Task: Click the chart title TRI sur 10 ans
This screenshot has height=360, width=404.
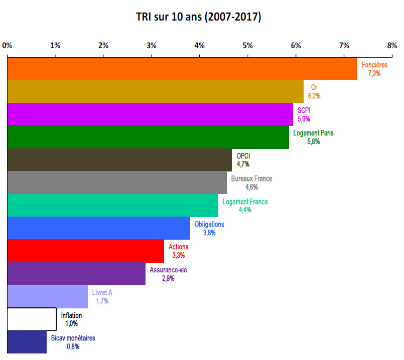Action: tap(198, 17)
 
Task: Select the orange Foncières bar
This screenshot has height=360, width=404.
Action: tap(182, 69)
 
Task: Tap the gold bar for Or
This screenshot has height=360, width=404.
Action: tap(155, 92)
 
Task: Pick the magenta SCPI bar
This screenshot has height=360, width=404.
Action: tap(150, 114)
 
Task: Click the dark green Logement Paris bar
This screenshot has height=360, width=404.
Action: tap(148, 137)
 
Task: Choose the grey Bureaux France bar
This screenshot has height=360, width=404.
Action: tap(116, 183)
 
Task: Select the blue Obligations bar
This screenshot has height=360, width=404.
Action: tap(98, 228)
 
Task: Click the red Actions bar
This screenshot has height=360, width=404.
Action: tap(85, 251)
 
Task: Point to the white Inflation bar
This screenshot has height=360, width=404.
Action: tap(32, 319)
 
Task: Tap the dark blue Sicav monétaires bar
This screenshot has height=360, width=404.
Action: tap(27, 342)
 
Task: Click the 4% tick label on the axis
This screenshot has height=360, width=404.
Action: tap(199, 46)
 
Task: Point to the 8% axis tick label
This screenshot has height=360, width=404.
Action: tap(392, 46)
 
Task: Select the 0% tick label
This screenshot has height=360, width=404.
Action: tap(7, 46)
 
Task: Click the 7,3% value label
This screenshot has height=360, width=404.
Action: tap(374, 73)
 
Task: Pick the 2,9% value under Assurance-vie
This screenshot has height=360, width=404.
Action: tap(168, 278)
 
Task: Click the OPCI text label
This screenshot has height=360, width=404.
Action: tap(243, 156)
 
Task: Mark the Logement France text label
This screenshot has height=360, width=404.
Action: tap(245, 202)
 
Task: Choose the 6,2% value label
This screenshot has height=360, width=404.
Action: tap(314, 96)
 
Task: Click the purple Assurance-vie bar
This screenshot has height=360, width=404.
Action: tap(76, 274)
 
